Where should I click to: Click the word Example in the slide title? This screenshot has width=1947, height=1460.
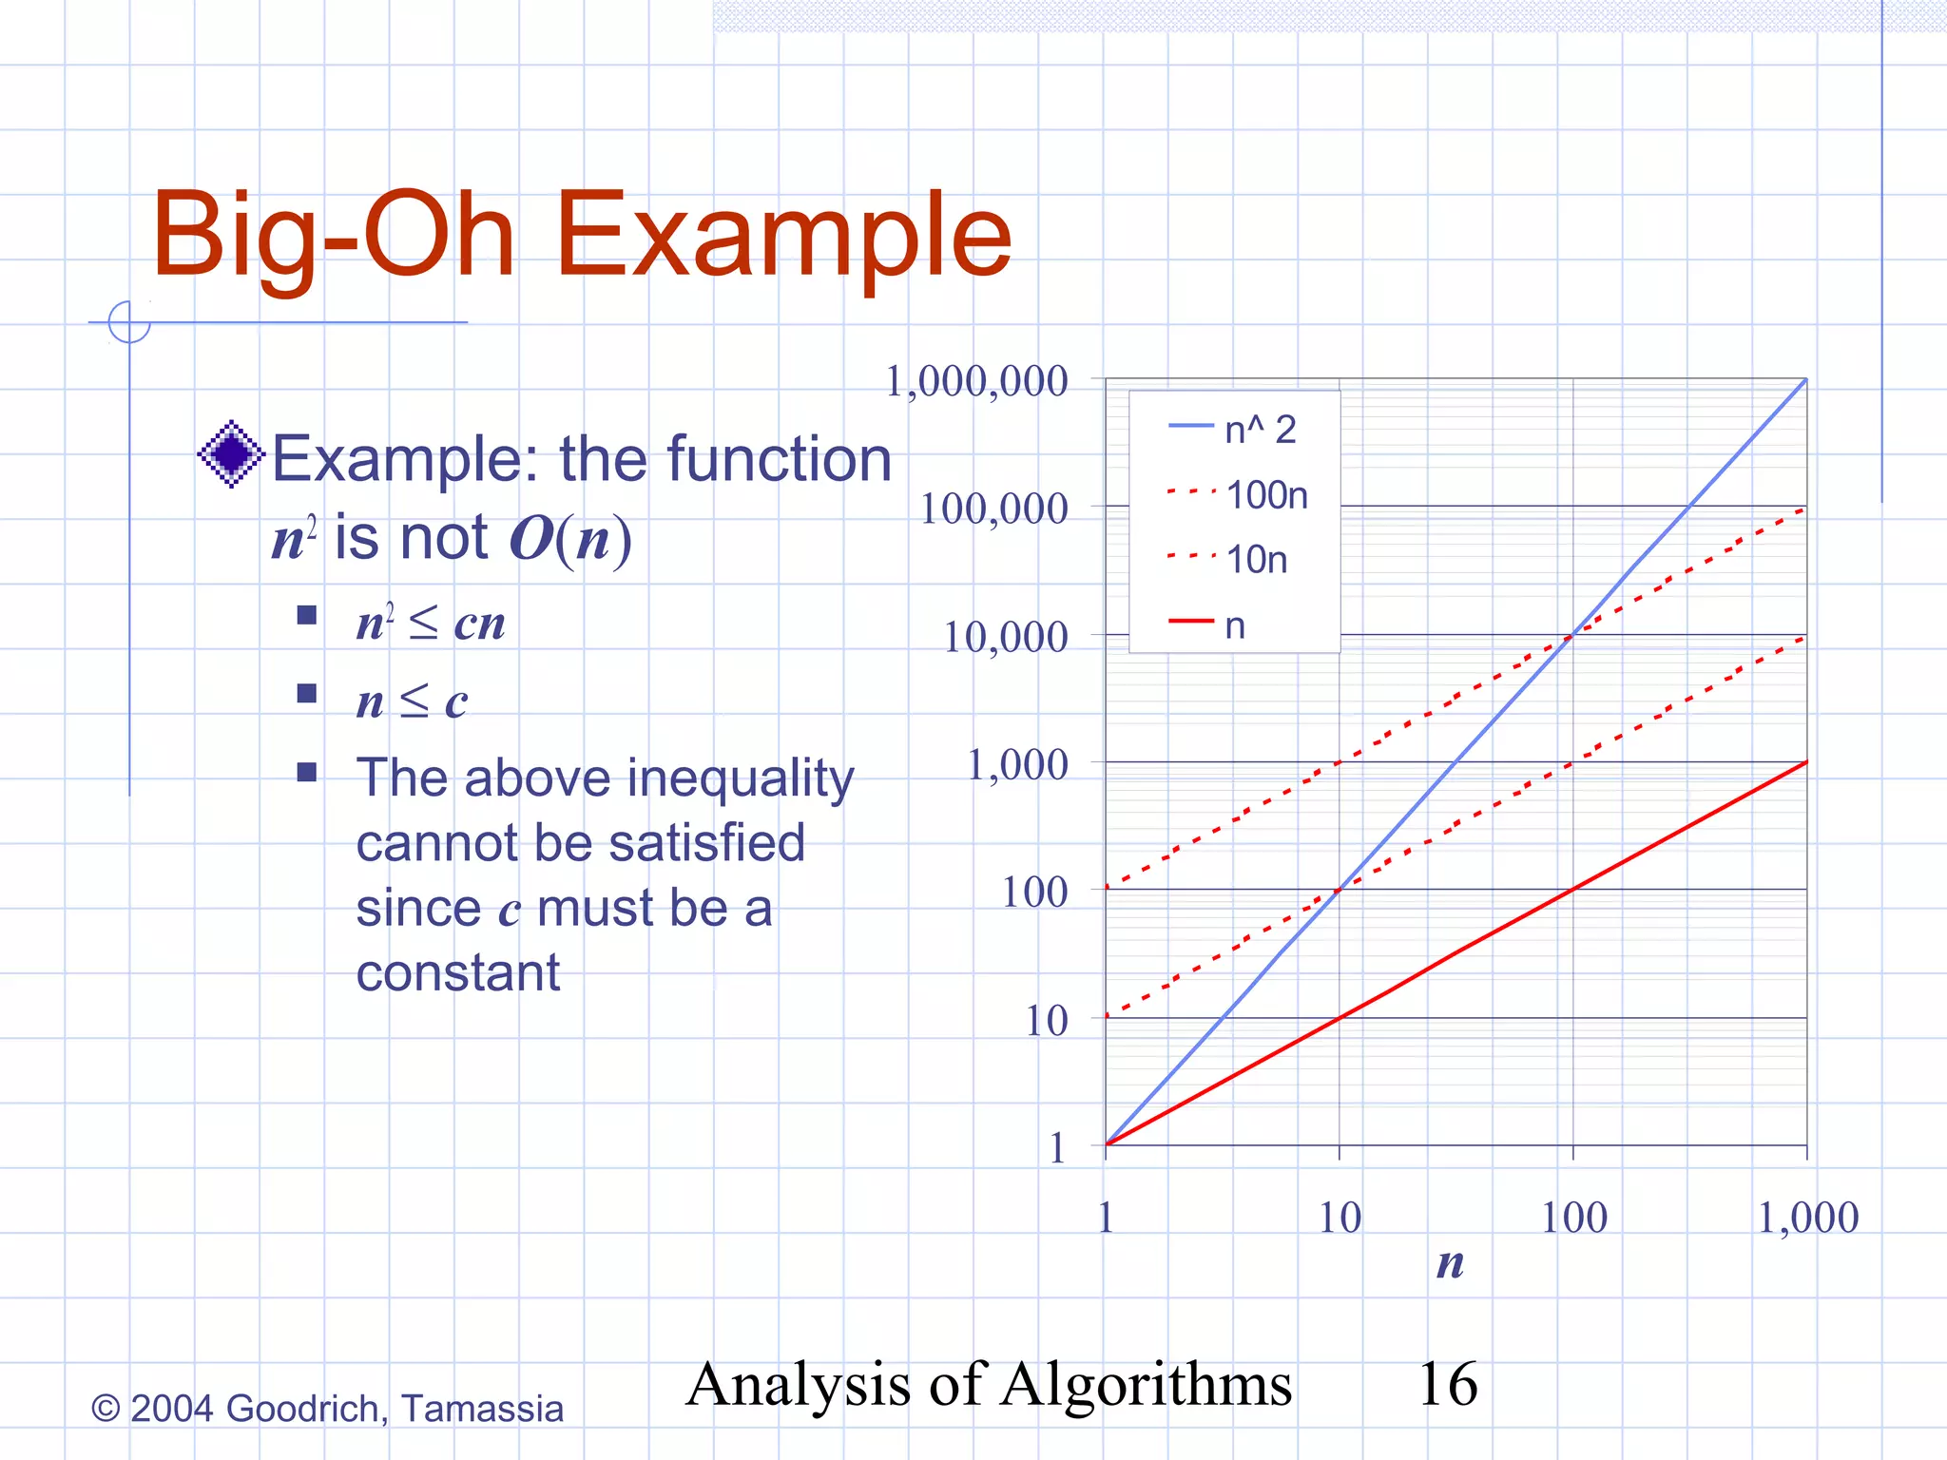(x=784, y=235)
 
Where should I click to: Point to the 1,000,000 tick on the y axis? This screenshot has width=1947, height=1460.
(x=976, y=382)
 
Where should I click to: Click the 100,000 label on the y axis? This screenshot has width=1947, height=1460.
(x=993, y=509)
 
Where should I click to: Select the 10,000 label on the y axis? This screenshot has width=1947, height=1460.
(x=1005, y=637)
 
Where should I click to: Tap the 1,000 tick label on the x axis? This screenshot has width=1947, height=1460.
(x=1807, y=1218)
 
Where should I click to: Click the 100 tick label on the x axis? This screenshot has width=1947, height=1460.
(x=1573, y=1218)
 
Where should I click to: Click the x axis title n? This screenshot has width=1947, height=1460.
(x=1450, y=1263)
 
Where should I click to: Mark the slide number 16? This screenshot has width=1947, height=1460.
(x=1447, y=1384)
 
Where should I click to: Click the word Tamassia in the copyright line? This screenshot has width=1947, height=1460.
(x=482, y=1409)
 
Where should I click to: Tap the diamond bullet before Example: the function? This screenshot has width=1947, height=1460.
(x=231, y=454)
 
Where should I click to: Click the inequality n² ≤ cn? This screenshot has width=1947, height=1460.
(x=430, y=624)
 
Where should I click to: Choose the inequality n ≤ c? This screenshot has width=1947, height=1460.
(x=412, y=701)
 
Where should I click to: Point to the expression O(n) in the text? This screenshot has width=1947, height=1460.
(x=570, y=538)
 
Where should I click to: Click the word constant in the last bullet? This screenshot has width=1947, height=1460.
(x=458, y=973)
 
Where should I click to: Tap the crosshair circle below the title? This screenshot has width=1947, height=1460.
(x=129, y=321)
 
